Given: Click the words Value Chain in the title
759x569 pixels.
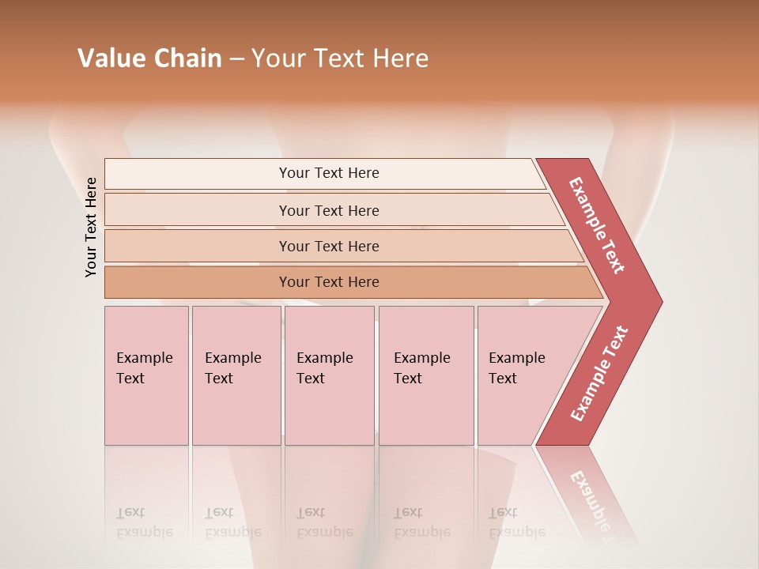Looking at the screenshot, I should [149, 58].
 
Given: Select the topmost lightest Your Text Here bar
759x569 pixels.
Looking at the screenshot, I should [329, 173].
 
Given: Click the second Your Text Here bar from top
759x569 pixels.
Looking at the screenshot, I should [329, 210].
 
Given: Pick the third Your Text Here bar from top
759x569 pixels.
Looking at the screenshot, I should [329, 246].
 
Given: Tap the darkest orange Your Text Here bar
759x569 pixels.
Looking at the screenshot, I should [329, 282].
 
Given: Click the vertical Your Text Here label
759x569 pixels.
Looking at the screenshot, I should [92, 227].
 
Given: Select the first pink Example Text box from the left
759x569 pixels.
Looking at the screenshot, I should [146, 375].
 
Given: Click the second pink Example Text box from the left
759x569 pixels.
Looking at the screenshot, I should [236, 375].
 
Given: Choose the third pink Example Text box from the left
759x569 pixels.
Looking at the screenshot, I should [329, 375].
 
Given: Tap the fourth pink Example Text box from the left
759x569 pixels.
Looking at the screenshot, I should [425, 375].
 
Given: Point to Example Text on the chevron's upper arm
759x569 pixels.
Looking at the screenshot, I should [597, 225].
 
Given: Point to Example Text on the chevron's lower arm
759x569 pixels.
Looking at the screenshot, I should [599, 373].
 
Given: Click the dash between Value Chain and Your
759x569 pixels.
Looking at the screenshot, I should [236, 59].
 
